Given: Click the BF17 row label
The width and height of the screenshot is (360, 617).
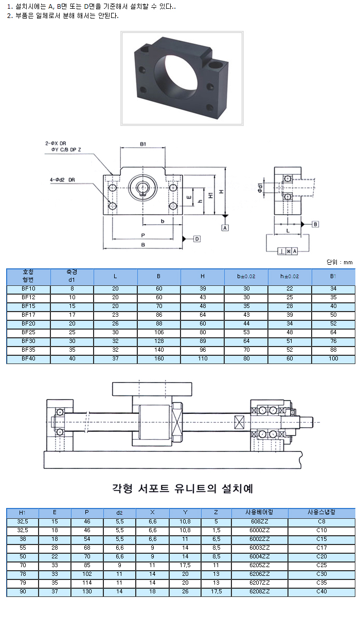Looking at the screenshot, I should (x=28, y=315).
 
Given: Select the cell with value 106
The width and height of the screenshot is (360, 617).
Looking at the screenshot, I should (x=159, y=332).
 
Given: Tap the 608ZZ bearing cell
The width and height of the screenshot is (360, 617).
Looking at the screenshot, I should (x=259, y=521).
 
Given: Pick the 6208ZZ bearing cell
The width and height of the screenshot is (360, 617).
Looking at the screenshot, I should (x=259, y=592).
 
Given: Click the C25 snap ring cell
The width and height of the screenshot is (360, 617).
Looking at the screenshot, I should (x=321, y=565).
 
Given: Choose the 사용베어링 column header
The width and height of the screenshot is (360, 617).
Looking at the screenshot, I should (x=259, y=513).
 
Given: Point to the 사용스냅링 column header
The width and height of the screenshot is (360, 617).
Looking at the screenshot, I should (x=321, y=513).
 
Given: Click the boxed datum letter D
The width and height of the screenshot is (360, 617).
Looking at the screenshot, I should (x=196, y=239).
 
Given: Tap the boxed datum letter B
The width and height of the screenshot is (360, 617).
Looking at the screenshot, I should (x=315, y=224).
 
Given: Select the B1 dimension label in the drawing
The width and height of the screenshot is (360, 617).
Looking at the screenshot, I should (x=142, y=144).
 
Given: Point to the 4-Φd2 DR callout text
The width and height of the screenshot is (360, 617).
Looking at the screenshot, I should (x=63, y=180).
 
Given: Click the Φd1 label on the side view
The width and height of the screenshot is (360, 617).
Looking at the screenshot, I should (x=261, y=189).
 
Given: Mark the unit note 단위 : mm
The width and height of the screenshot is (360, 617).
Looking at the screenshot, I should (x=340, y=262).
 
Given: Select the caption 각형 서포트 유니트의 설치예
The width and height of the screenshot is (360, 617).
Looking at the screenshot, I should (x=182, y=487).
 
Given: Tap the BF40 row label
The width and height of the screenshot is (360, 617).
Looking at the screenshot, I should (x=28, y=358).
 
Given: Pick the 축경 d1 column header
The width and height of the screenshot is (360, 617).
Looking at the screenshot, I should (x=71, y=276).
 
